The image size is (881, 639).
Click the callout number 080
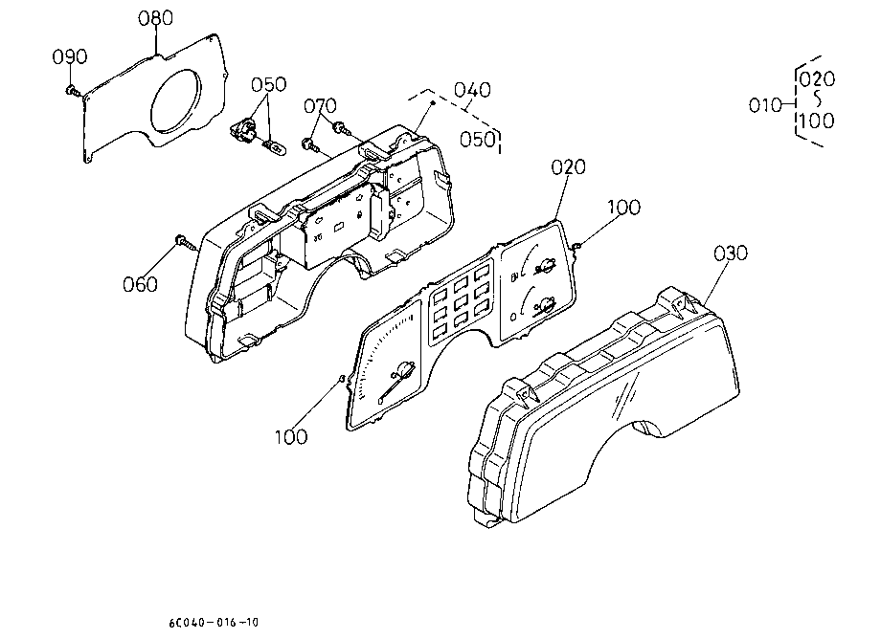click(x=156, y=18)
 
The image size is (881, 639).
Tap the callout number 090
click(x=70, y=56)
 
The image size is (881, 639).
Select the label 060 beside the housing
click(x=140, y=284)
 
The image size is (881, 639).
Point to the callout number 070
click(x=320, y=106)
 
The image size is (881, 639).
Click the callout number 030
click(x=731, y=253)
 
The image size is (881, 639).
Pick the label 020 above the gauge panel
click(x=568, y=167)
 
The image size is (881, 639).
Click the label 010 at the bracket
click(x=765, y=105)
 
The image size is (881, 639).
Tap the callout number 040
click(x=472, y=90)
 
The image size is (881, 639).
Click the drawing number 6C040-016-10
click(x=214, y=622)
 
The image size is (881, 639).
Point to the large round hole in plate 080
click(x=175, y=101)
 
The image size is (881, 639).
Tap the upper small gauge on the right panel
click(x=537, y=263)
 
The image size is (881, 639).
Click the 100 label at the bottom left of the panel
click(x=291, y=437)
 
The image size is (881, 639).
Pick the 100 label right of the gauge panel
click(x=623, y=208)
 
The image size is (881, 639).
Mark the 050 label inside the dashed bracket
click(x=478, y=140)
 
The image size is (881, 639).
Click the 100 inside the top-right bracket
click(x=817, y=121)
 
